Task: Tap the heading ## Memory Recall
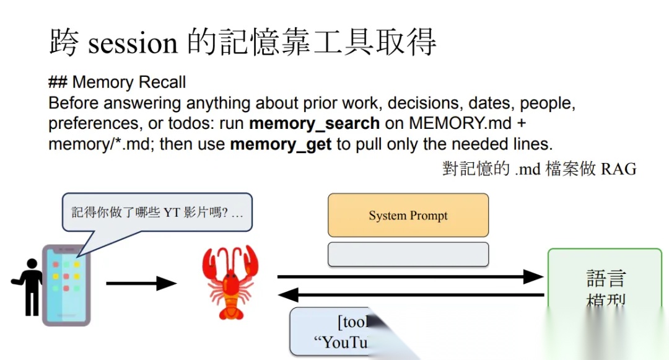tap(117, 82)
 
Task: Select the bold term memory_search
tap(314, 123)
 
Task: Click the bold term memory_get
tap(281, 145)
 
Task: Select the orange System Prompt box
tap(408, 215)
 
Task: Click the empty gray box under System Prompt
tap(408, 254)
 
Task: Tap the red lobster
tap(230, 282)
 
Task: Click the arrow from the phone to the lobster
tap(141, 284)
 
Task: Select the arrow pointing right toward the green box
tap(409, 276)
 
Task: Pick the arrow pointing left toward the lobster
tap(409, 295)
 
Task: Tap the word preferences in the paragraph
tap(93, 123)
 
